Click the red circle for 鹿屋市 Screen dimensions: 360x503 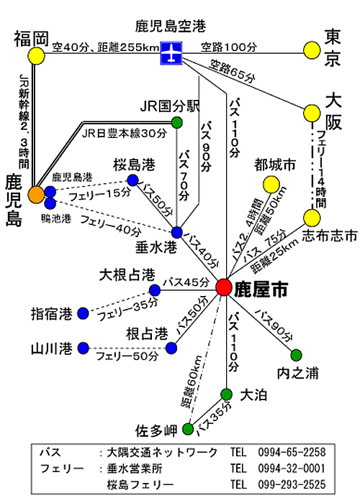point(224,287)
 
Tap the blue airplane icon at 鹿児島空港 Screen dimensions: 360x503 point(171,52)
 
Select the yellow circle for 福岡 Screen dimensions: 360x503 point(36,56)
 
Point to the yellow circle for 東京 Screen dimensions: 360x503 point(312,50)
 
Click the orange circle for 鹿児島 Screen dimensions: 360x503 point(36,195)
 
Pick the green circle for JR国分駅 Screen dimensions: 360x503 point(176,123)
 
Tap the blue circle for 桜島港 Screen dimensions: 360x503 point(132,180)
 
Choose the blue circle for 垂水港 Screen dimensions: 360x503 point(177,232)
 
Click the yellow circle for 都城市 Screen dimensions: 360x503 point(271,184)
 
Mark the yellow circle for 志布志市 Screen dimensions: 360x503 point(312,218)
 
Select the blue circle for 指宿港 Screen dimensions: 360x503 point(84,313)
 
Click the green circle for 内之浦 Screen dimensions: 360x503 point(296,355)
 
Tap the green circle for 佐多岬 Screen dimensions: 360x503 point(188,429)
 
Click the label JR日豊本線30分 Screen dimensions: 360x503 point(125,134)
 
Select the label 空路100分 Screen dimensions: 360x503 point(229,47)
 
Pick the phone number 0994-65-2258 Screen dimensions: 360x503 point(292,452)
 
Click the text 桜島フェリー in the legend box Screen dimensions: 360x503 point(140,484)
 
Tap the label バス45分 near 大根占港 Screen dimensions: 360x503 point(186,282)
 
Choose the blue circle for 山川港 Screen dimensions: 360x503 point(84,348)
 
